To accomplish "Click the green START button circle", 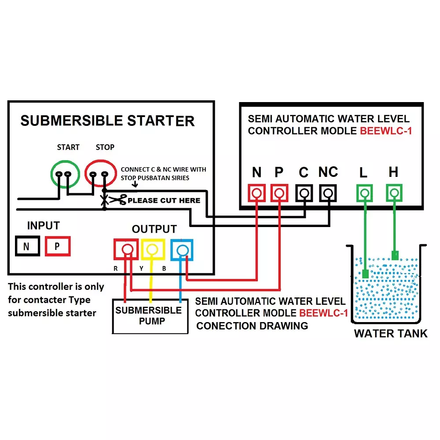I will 64,174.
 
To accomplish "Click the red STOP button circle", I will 99,174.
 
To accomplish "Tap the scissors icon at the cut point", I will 117,200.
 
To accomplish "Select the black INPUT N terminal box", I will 27,246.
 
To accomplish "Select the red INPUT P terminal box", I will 58,246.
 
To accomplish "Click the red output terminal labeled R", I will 127,249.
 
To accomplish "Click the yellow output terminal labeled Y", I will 153,249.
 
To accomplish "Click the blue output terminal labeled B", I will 181,250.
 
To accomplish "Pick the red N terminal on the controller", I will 257,193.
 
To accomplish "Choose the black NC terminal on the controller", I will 328,193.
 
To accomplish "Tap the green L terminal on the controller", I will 364,193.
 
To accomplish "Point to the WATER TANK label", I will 390,334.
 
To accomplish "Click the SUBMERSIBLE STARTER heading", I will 107,121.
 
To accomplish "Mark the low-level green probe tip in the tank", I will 365,274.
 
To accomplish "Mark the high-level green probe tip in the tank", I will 395,255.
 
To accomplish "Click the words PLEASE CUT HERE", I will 164,201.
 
